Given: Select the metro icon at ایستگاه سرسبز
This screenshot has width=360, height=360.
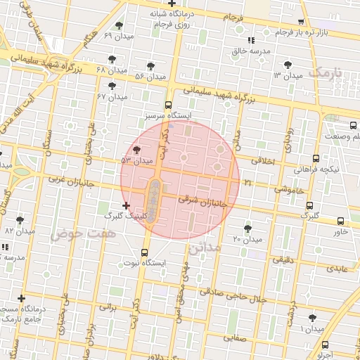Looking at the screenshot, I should click(167, 104).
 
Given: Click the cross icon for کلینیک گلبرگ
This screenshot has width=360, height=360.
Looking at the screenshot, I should click(126, 205).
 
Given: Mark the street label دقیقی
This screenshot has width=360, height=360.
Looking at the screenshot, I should click(281, 259).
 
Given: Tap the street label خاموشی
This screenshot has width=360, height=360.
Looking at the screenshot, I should click(286, 188).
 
